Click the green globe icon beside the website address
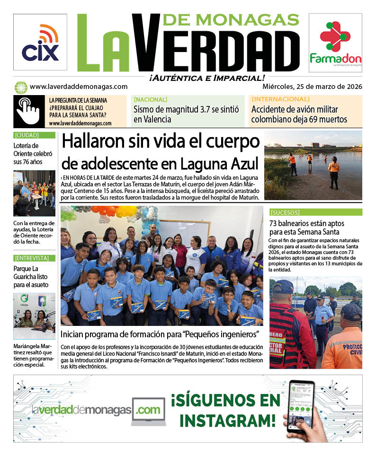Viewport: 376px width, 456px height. tap(20, 87)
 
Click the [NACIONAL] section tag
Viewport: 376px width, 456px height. tap(151, 99)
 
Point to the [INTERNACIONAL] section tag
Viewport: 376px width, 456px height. tap(280, 99)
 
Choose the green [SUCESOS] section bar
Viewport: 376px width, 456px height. tap(316, 212)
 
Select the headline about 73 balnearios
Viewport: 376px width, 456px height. tap(306, 228)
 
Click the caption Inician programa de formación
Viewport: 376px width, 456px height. tap(160, 335)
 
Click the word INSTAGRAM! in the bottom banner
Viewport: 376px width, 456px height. tap(227, 420)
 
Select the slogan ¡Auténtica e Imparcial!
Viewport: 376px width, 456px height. tap(206, 78)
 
